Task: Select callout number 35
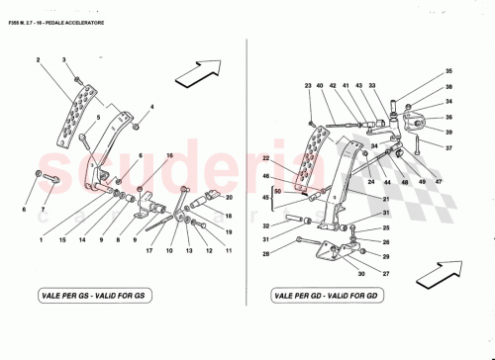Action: (x=420, y=72)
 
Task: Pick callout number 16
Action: (x=169, y=156)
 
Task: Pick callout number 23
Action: (x=308, y=87)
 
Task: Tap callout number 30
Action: (x=363, y=273)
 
